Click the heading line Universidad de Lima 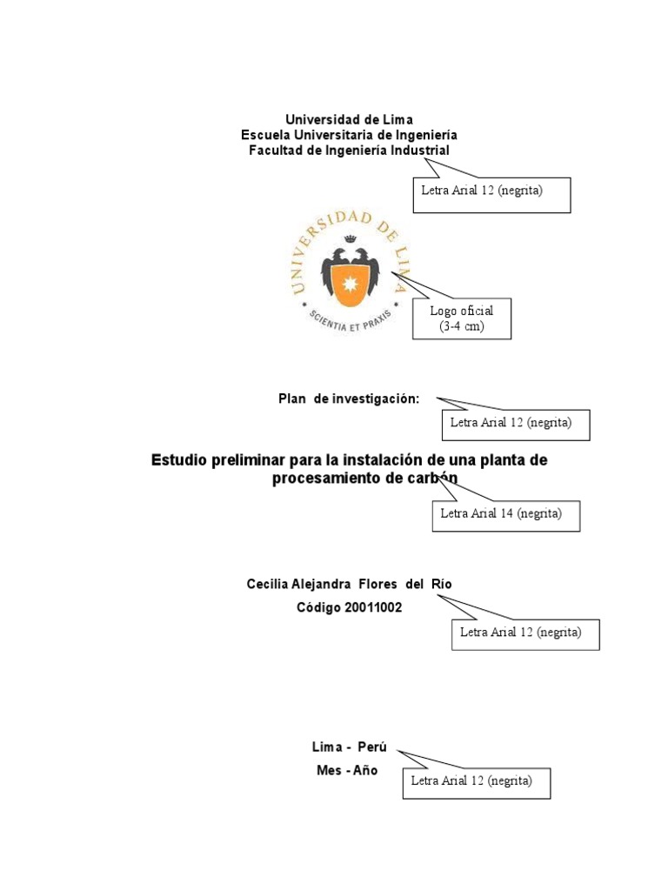pyautogui.click(x=350, y=119)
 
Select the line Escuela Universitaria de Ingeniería pyautogui.click(x=349, y=135)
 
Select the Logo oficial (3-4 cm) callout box pyautogui.click(x=461, y=318)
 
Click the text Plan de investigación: pyautogui.click(x=349, y=399)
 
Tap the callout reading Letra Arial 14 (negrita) pyautogui.click(x=506, y=515)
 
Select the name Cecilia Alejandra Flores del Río pyautogui.click(x=350, y=584)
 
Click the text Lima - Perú pyautogui.click(x=349, y=748)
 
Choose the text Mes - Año pyautogui.click(x=347, y=771)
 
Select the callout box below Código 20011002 pyautogui.click(x=525, y=633)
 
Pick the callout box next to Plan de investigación pyautogui.click(x=516, y=424)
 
